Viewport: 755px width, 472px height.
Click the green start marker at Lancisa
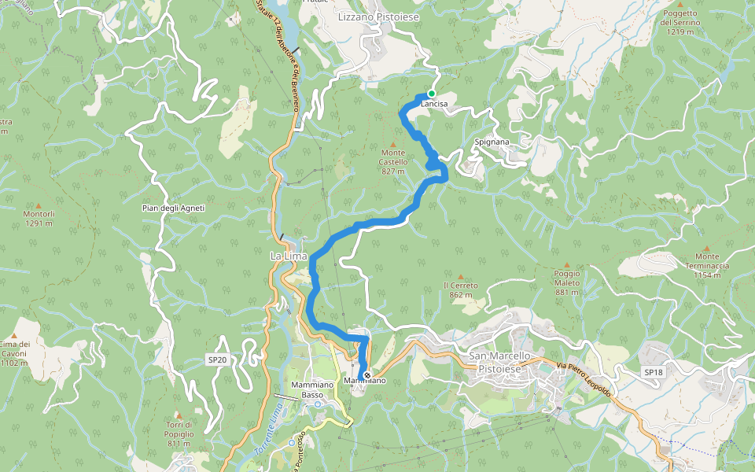(431, 94)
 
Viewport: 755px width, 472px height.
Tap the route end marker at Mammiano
(366, 375)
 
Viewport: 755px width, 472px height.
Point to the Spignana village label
(492, 142)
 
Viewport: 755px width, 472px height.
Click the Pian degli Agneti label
(173, 208)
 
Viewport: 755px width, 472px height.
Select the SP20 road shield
(217, 360)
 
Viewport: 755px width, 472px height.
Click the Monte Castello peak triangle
(393, 142)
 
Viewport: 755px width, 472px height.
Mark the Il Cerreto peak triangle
(460, 277)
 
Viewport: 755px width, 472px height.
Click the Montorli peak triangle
(38, 204)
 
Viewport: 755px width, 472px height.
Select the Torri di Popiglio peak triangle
(179, 415)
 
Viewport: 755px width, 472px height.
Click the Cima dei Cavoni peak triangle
(14, 335)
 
